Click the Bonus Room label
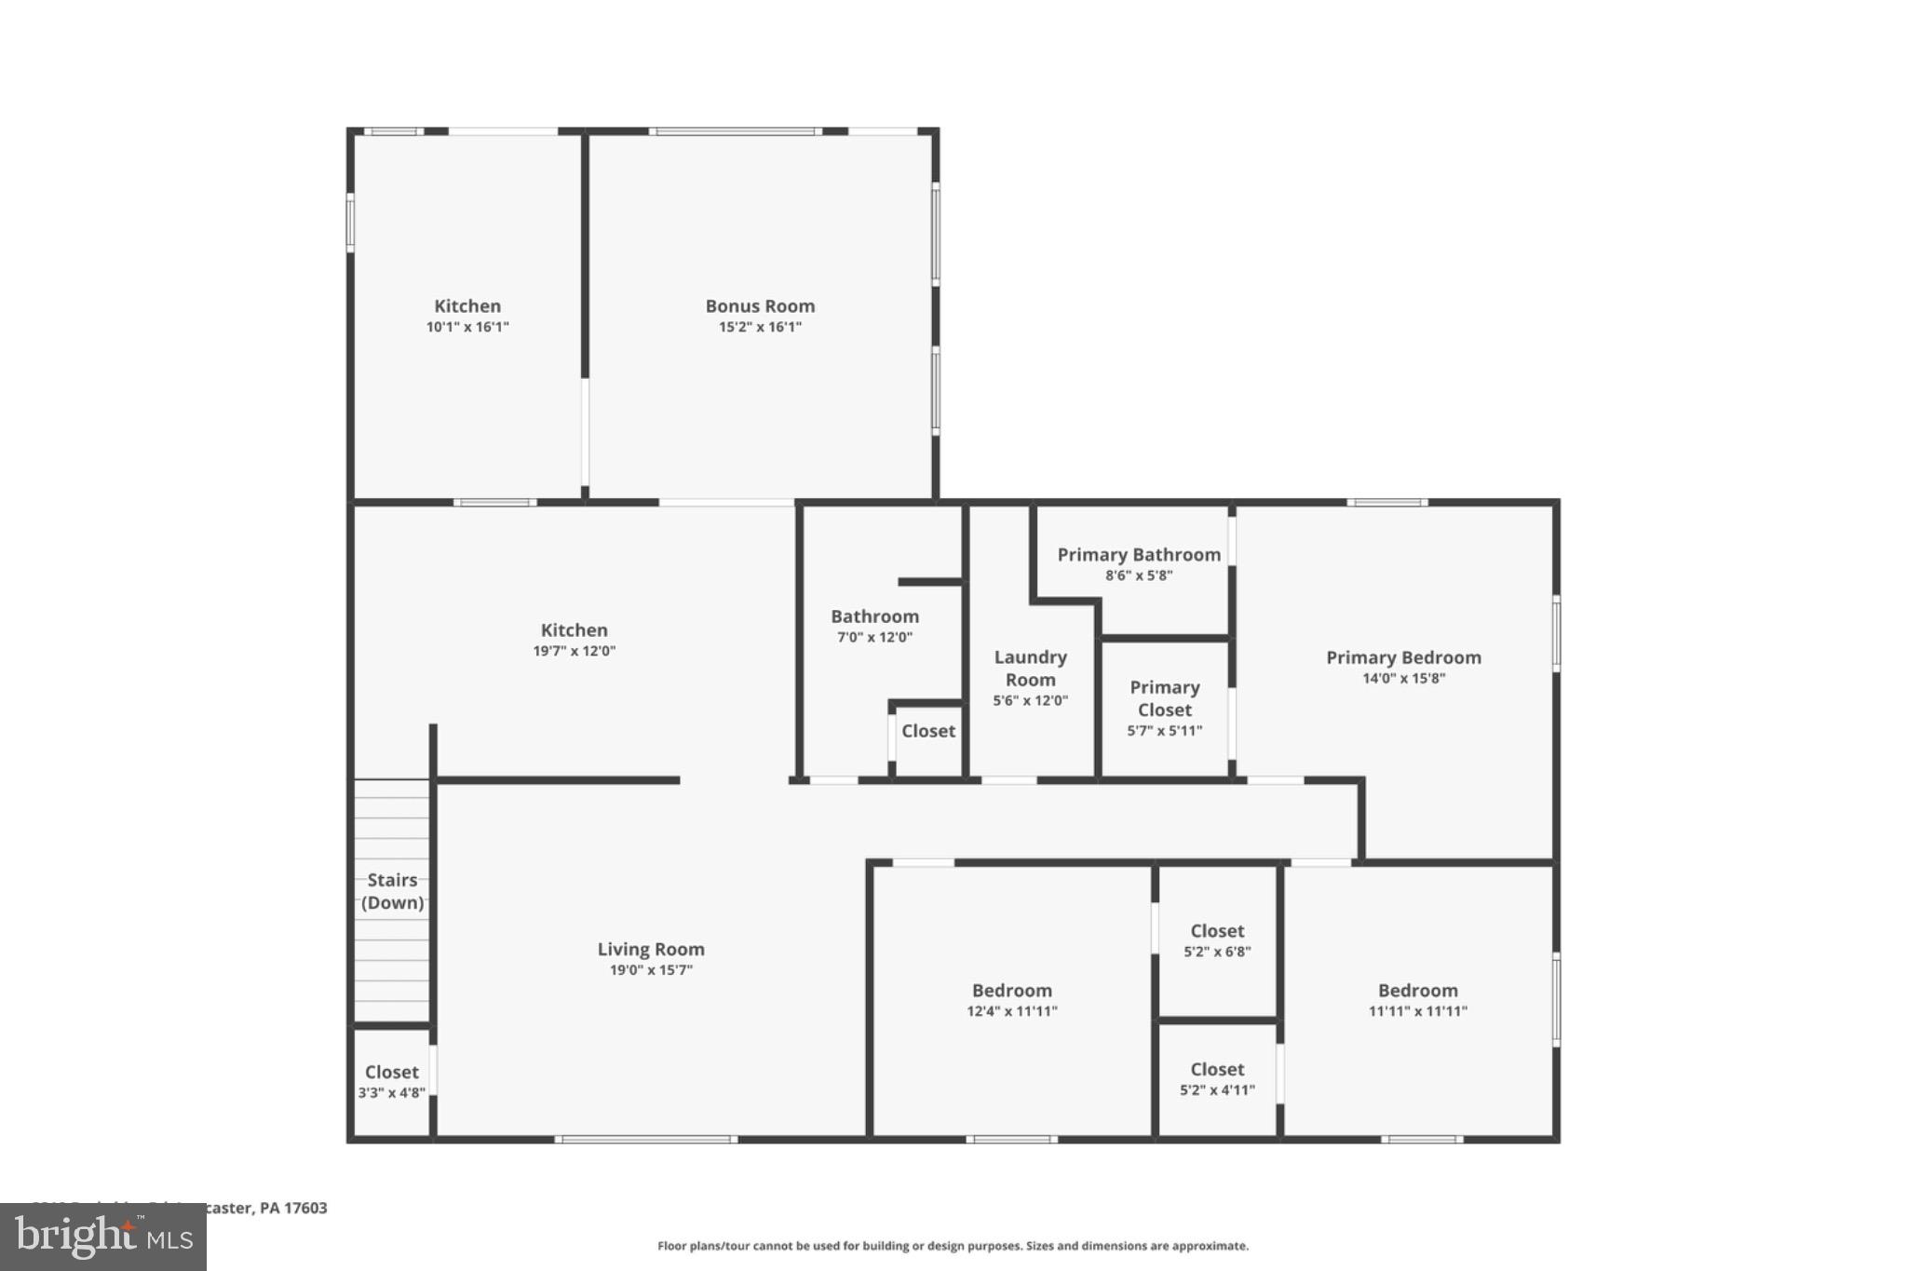(x=760, y=306)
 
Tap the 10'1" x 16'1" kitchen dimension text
(x=467, y=327)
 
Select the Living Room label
(x=651, y=949)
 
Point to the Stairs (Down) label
(x=392, y=891)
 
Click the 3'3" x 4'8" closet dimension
(x=391, y=1093)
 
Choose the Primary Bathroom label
(x=1139, y=555)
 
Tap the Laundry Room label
(x=1030, y=669)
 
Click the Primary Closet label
(x=1164, y=698)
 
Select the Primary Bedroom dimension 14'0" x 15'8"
(x=1403, y=679)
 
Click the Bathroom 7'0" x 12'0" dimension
(x=874, y=638)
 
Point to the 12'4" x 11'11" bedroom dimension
(x=1012, y=1011)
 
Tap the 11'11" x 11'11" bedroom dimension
(x=1417, y=1011)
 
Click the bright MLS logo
(x=102, y=1237)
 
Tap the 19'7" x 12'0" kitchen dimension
(x=574, y=651)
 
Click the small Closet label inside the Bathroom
(x=927, y=731)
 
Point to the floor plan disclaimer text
(x=953, y=1246)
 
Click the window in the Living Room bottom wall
(x=646, y=1139)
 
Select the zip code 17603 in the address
(x=305, y=1208)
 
